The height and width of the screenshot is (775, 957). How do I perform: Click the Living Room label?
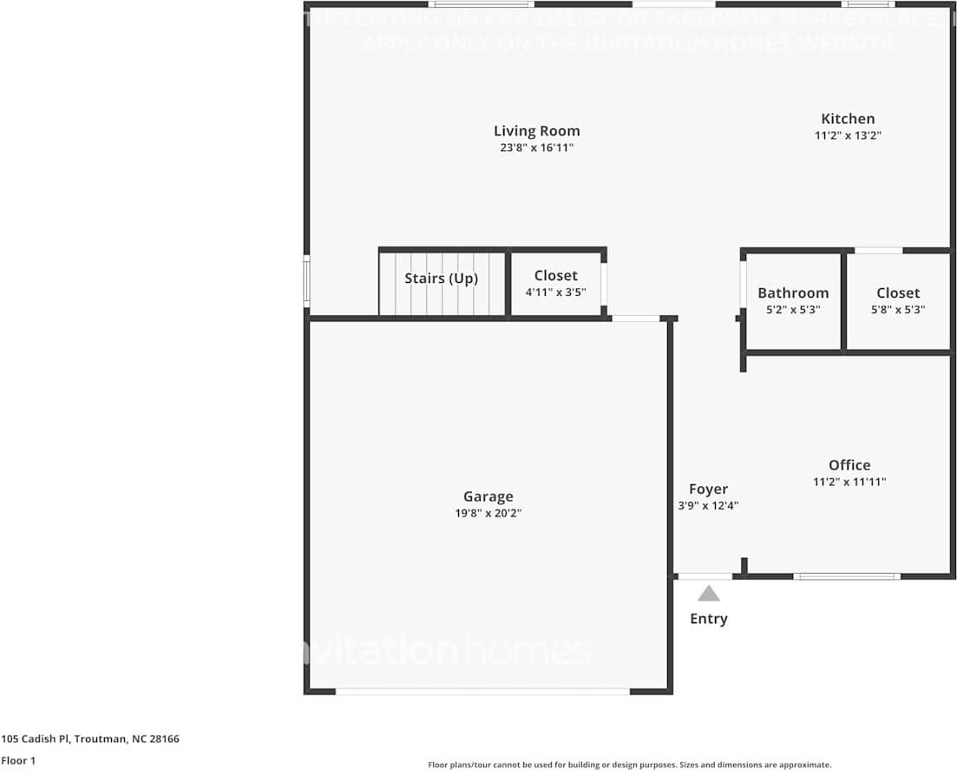(x=536, y=131)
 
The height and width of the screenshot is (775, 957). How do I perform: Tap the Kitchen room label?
(x=848, y=119)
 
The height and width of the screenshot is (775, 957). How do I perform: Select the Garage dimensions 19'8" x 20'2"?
(x=488, y=513)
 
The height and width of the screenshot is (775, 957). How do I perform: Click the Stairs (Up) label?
(x=441, y=279)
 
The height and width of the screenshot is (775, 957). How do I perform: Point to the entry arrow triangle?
(x=709, y=594)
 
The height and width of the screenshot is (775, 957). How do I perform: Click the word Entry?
(x=709, y=619)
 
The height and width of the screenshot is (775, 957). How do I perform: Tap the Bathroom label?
(x=793, y=293)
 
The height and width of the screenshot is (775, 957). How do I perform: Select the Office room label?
(x=849, y=465)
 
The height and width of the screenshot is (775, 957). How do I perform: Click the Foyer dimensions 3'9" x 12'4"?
(x=708, y=505)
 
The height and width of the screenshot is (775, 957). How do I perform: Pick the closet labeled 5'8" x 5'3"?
(x=897, y=309)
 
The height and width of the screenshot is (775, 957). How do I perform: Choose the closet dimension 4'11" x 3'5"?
(x=555, y=292)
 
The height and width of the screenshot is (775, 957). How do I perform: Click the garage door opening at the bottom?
(x=482, y=692)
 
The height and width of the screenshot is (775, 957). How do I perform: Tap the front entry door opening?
(x=705, y=576)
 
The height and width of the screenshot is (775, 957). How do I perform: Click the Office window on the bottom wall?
(x=846, y=576)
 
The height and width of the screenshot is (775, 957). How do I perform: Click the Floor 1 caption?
(x=18, y=760)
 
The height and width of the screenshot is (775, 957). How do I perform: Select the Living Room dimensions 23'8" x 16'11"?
(x=536, y=148)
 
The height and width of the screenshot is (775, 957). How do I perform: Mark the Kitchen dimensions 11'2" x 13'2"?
(x=848, y=135)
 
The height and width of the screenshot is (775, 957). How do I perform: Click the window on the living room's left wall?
(x=306, y=279)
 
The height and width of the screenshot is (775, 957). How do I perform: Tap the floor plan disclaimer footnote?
(x=629, y=765)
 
